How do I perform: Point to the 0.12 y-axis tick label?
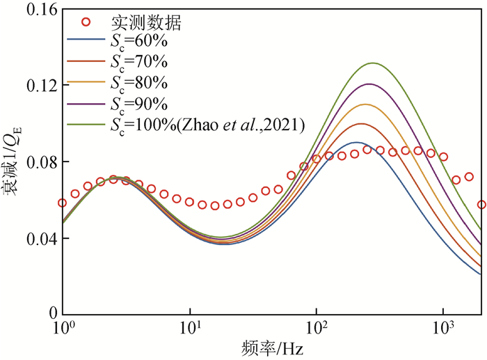[35, 85]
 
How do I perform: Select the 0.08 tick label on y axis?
[35, 162]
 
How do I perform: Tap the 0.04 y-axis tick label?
[35, 238]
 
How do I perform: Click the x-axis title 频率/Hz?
[272, 347]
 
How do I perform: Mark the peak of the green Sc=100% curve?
[373, 63]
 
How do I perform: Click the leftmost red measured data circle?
[63, 203]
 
